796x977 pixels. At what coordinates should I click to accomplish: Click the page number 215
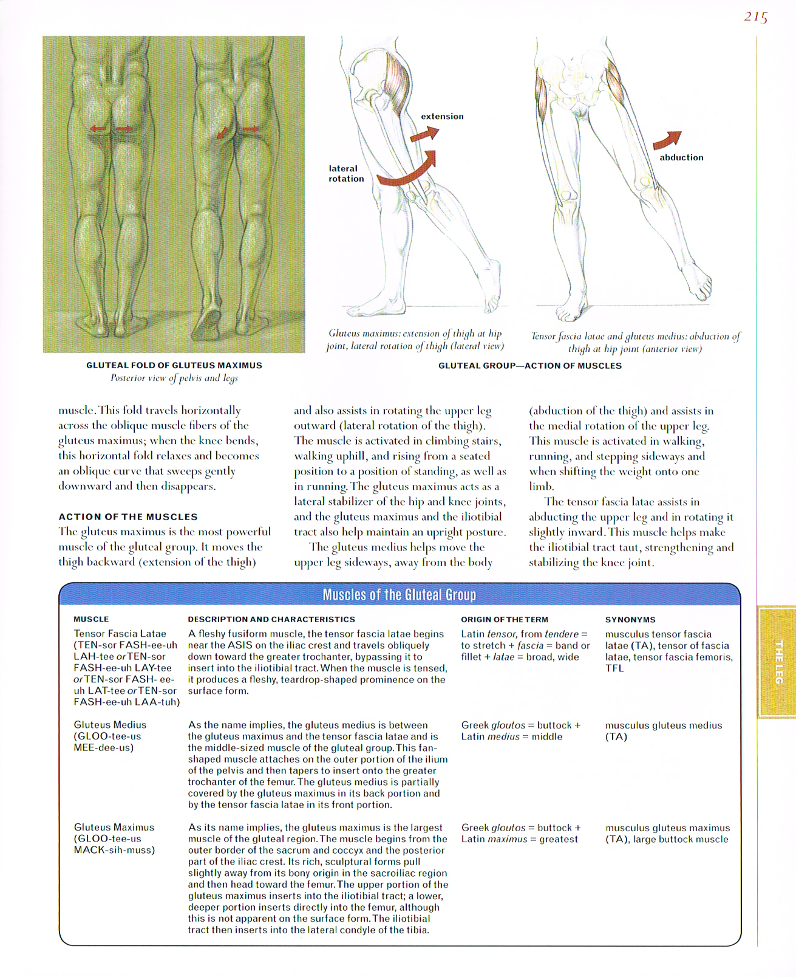[755, 17]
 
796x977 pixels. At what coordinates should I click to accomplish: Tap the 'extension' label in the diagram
[442, 116]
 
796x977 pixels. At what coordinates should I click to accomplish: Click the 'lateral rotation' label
[345, 173]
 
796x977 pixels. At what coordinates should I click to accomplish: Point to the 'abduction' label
[681, 157]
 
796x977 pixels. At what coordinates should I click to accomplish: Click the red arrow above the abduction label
[667, 140]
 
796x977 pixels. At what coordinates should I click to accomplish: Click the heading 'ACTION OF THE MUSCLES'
[128, 516]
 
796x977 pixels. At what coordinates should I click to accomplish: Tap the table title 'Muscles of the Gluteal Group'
[400, 594]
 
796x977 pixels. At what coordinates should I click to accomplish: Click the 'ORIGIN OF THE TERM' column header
[505, 619]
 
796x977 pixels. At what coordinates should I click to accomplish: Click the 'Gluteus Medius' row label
[110, 725]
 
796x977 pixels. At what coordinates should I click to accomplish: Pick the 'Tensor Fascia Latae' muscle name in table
[120, 634]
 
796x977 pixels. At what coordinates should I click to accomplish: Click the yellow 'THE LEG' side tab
[778, 662]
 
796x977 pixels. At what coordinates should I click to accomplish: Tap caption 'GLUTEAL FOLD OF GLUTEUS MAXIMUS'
[174, 365]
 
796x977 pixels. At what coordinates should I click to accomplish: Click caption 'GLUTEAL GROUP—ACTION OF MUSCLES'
[530, 366]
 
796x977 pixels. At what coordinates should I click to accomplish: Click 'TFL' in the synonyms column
[614, 668]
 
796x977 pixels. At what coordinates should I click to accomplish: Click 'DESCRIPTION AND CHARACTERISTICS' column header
[271, 619]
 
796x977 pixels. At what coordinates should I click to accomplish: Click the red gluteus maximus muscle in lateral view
[395, 76]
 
